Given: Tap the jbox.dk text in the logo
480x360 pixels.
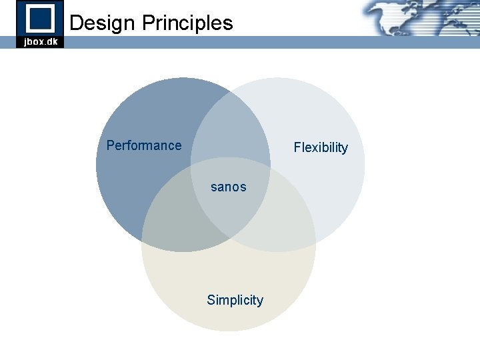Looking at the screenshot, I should coord(40,41).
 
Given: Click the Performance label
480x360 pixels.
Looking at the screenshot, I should coord(144,145).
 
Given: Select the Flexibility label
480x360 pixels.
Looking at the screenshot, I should coord(321,147).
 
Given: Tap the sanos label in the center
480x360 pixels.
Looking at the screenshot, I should coord(228,187).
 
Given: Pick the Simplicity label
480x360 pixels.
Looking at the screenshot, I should coord(235,300).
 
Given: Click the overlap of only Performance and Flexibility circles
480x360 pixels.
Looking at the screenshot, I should coord(230,130).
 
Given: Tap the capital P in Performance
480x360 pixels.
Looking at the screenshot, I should coord(111,145).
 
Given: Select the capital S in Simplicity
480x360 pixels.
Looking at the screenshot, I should coord(211,300).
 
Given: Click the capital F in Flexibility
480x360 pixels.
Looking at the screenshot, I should coord(297,147).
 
